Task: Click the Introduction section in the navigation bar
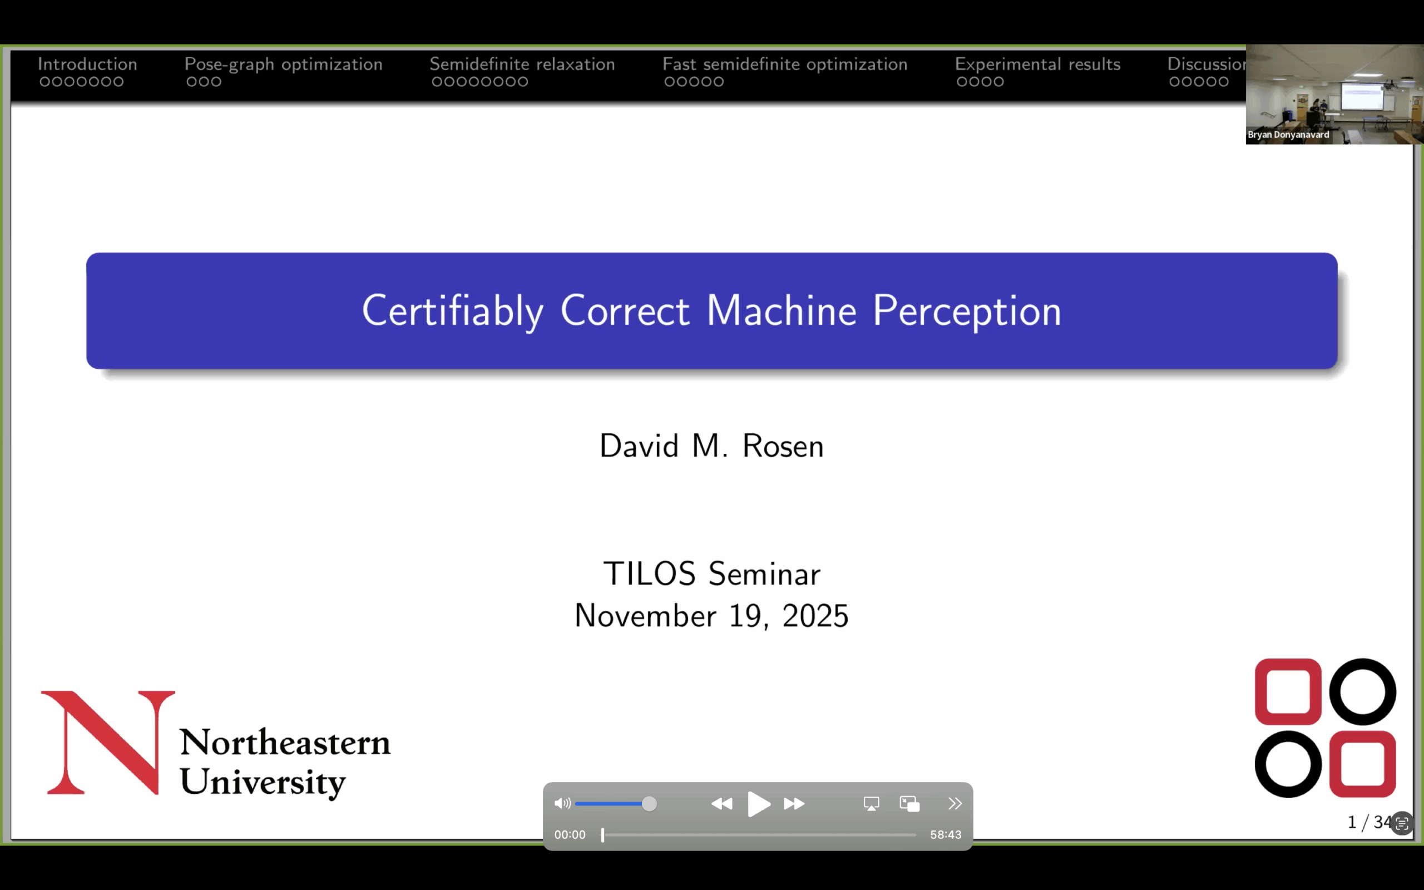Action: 87,63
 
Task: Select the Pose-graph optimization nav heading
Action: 283,64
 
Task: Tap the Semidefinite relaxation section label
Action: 522,63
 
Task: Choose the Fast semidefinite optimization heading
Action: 784,64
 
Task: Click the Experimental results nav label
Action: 1037,64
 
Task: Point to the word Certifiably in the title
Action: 452,311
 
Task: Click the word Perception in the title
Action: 967,311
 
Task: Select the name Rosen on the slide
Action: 783,446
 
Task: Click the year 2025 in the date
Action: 815,616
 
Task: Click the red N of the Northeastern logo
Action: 108,742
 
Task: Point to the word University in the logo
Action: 263,782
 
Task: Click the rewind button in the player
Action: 721,803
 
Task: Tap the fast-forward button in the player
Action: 794,803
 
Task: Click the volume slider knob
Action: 649,803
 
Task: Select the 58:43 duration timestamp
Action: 946,835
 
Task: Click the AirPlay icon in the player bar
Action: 872,803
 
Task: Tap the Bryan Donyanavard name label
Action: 1288,135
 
